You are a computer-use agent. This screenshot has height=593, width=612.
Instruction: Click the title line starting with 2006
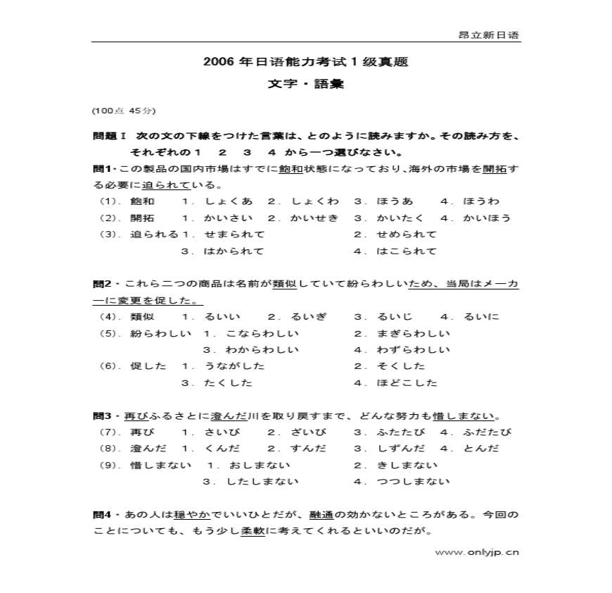tap(305, 62)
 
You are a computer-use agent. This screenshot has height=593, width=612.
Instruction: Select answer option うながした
tap(234, 366)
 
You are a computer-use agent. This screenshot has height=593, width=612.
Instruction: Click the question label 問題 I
tap(108, 136)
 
